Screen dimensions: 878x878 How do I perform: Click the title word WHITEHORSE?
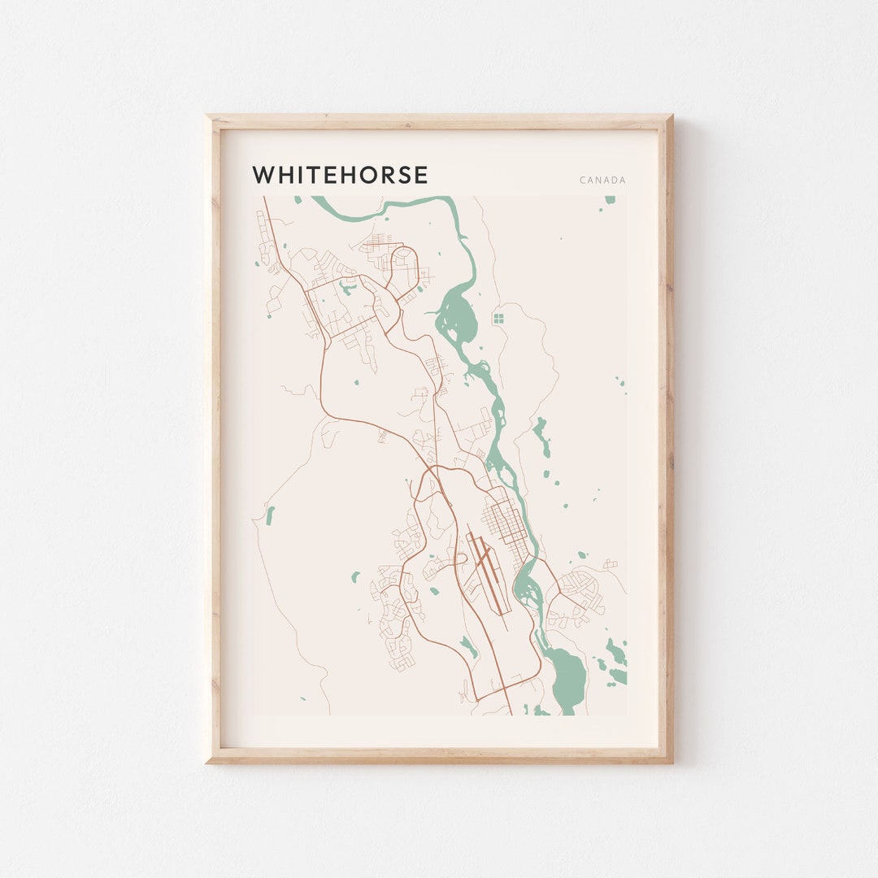340,175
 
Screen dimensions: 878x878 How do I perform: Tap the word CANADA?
602,180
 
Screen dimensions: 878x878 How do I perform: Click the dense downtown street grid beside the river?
506,521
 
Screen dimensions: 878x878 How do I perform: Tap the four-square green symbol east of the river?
498,318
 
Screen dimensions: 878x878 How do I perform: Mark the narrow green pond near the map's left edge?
270,515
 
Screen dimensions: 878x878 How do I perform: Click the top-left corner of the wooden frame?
210,118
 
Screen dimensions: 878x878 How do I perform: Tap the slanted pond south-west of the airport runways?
468,647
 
